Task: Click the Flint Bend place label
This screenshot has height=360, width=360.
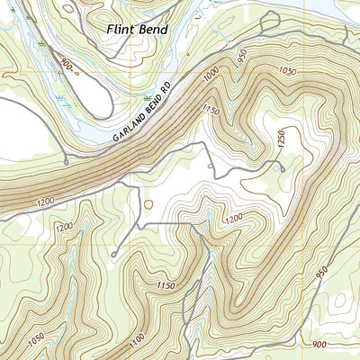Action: click(x=136, y=29)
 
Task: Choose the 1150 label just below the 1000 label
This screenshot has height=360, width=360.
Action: click(x=211, y=111)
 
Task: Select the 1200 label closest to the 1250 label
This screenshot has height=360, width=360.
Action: click(x=233, y=218)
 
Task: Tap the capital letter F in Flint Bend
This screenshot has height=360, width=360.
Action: click(x=110, y=29)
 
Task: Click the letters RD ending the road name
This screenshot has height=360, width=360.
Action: click(x=166, y=93)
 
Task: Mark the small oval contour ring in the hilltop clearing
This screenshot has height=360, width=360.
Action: click(x=148, y=204)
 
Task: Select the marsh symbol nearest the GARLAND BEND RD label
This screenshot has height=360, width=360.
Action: click(x=144, y=94)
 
